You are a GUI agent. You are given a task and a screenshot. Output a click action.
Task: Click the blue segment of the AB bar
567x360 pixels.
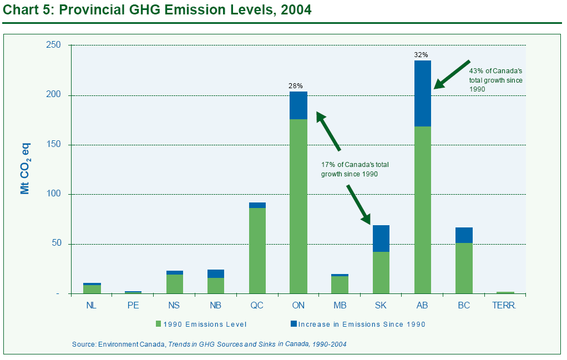(x=423, y=93)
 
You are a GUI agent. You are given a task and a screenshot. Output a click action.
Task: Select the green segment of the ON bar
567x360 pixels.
(x=298, y=206)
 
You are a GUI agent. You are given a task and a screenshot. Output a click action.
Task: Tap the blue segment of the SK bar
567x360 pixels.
(x=381, y=239)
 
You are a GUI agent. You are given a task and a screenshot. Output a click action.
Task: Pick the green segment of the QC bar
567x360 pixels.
(x=257, y=251)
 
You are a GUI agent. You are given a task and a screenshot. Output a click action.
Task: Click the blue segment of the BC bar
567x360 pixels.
(x=464, y=235)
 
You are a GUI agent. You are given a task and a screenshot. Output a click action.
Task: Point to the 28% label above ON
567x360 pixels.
(x=296, y=86)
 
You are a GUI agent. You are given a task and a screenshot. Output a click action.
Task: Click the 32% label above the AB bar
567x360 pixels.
(x=421, y=55)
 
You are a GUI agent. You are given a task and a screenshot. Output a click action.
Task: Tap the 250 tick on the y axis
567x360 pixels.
(x=53, y=45)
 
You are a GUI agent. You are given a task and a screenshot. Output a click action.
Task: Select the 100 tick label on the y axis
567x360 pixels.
(x=53, y=194)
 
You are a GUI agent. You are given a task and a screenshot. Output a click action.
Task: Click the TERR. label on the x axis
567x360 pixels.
(x=504, y=306)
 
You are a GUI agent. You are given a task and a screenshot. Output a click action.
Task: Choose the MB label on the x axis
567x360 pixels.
(x=340, y=306)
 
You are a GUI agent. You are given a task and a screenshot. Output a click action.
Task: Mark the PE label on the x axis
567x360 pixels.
(x=133, y=306)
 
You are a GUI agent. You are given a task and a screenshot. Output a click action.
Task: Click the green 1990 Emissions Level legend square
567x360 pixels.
(x=158, y=324)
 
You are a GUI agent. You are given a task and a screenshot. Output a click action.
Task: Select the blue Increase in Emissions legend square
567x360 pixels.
(x=293, y=324)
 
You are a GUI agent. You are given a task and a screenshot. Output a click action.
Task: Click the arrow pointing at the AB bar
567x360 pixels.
(x=452, y=74)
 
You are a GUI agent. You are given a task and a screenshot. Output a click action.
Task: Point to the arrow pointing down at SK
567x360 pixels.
(x=359, y=205)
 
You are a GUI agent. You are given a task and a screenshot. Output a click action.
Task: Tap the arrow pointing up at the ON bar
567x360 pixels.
(x=328, y=131)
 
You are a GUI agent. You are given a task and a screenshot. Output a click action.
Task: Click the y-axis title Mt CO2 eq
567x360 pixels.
(x=26, y=169)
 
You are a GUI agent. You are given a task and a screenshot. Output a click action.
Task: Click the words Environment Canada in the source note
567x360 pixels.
(x=131, y=344)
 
